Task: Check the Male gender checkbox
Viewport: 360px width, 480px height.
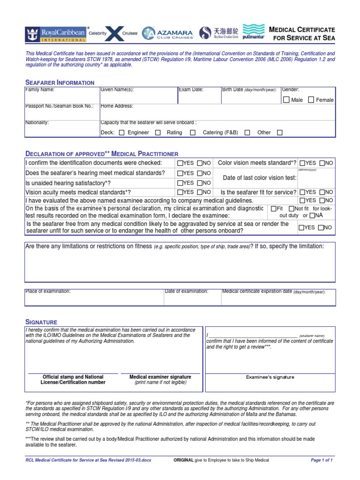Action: tap(286, 100)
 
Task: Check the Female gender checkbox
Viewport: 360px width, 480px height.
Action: tap(311, 100)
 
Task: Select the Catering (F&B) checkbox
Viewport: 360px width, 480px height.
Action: tap(247, 133)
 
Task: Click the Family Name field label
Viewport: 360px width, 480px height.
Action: tap(40, 90)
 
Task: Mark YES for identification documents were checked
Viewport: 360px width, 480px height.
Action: tap(180, 163)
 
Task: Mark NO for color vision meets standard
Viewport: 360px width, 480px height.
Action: tap(322, 163)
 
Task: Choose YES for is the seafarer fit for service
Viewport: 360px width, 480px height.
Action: tap(302, 192)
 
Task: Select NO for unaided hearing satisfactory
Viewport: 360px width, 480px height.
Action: tap(200, 183)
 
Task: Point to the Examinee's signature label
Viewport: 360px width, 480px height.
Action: tap(270, 377)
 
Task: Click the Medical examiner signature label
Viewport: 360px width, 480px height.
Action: tap(160, 377)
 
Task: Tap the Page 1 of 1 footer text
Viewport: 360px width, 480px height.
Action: tap(322, 460)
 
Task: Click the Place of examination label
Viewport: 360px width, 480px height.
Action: tap(48, 291)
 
